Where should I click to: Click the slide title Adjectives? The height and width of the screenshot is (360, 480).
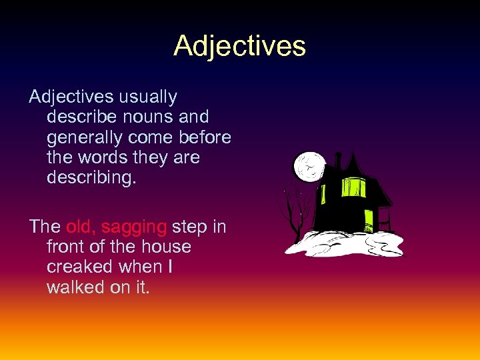pyautogui.click(x=239, y=46)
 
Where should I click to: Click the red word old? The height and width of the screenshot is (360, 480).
pyautogui.click(x=80, y=227)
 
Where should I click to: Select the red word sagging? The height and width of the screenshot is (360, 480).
pyautogui.click(x=134, y=228)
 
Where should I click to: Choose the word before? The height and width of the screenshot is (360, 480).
pyautogui.click(x=200, y=137)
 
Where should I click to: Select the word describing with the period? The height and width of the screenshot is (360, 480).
pyautogui.click(x=90, y=179)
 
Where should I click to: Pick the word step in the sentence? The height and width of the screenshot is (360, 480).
pyautogui.click(x=189, y=228)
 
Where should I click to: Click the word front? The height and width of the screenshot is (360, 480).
pyautogui.click(x=65, y=247)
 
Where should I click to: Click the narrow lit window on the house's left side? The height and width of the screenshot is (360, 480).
pyautogui.click(x=324, y=193)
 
